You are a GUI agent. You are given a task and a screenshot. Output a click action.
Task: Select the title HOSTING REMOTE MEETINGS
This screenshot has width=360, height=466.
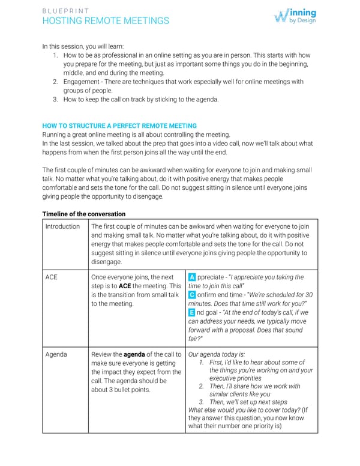106,21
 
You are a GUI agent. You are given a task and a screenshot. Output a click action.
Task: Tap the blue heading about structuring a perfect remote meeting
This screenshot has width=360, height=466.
119,126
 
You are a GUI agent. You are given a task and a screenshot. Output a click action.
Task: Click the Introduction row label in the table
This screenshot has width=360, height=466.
62,226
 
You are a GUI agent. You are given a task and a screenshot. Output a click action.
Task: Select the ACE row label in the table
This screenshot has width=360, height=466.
52,277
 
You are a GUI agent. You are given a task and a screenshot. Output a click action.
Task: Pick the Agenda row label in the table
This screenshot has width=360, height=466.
56,354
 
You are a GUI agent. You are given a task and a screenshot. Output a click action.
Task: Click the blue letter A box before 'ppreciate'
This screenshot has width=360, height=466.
191,277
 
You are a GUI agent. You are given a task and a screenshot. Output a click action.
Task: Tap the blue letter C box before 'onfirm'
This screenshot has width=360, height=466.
191,295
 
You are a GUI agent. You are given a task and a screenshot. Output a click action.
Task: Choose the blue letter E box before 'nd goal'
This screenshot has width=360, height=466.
191,313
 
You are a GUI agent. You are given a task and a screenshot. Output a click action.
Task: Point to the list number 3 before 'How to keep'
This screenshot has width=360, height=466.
55,100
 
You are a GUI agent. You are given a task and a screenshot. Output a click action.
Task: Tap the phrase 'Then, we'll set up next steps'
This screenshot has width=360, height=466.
248,402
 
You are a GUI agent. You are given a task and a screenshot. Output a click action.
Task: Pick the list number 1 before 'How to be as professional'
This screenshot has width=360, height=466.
55,55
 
